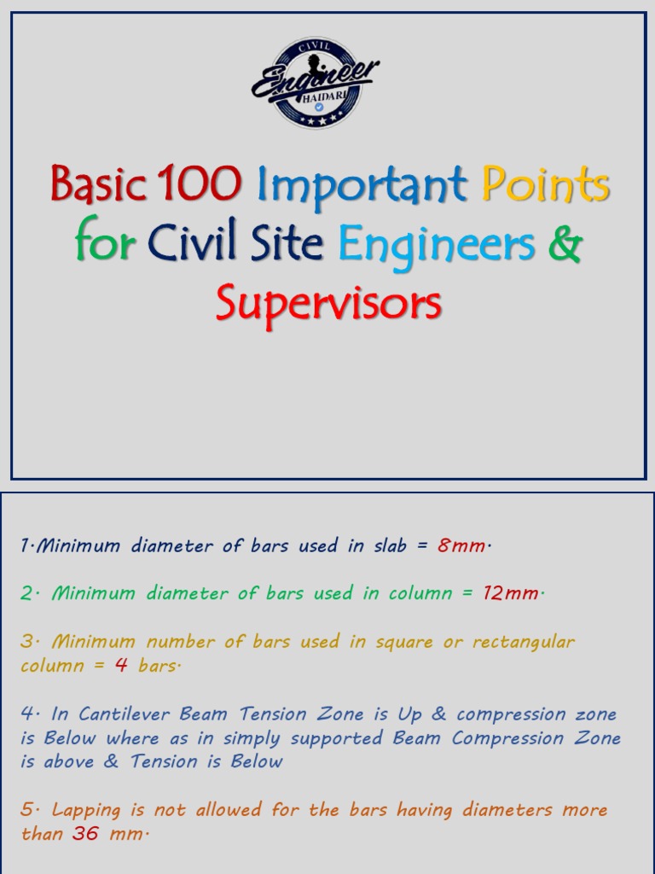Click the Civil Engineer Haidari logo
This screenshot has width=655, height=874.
click(x=316, y=83)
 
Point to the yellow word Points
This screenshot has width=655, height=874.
click(x=546, y=184)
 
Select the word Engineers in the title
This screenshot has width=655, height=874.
click(x=437, y=245)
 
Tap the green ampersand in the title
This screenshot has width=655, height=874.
click(x=564, y=243)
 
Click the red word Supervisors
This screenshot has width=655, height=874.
click(x=328, y=303)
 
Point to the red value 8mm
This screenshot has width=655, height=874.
click(x=461, y=546)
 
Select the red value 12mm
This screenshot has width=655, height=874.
click(x=511, y=594)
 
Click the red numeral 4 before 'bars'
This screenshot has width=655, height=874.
click(x=121, y=666)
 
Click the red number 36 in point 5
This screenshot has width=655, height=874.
click(x=85, y=834)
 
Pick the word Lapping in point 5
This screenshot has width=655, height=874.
click(x=90, y=810)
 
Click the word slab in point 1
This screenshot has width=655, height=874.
click(x=389, y=546)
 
